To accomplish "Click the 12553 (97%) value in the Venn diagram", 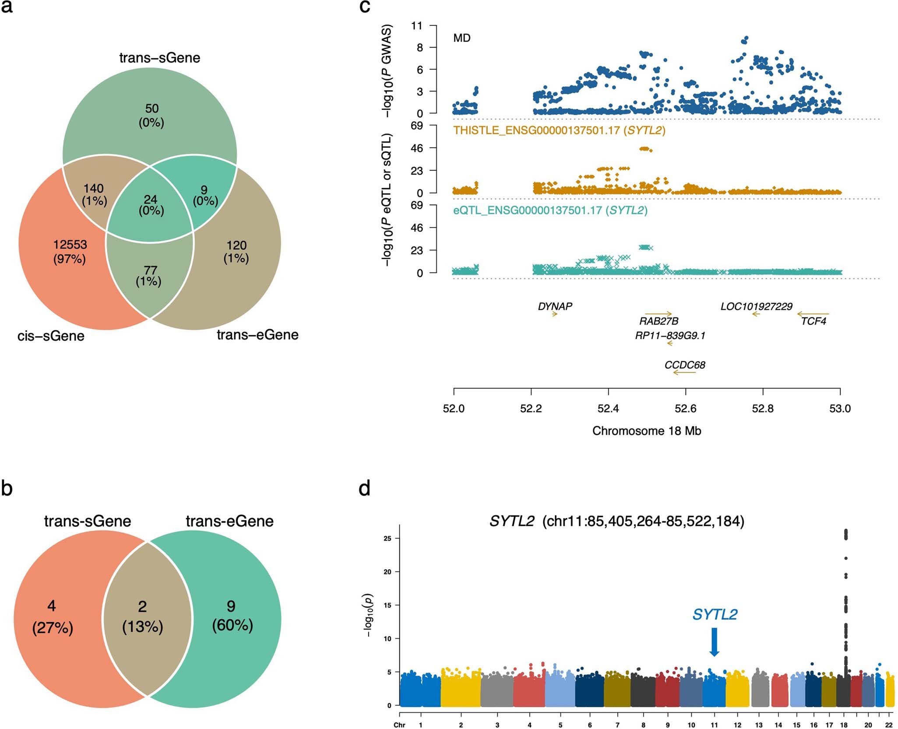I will tap(70, 252).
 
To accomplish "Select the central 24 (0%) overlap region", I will tap(151, 205).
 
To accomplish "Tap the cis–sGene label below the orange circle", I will tap(51, 336).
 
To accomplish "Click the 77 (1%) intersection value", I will tap(149, 276).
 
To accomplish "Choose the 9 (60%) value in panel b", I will tap(232, 615).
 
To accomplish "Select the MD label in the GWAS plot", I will tap(461, 38).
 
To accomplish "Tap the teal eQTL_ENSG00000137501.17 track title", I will tap(550, 210).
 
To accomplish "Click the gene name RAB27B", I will tap(659, 321).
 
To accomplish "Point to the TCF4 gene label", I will tap(813, 321).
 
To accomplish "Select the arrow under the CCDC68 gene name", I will tap(684, 373).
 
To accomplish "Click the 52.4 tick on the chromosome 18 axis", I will tap(608, 408).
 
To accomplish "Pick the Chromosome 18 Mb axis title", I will tap(646, 431).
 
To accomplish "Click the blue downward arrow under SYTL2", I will tap(714, 642).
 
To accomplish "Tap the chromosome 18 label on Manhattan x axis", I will tap(844, 725).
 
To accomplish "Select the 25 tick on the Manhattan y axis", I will tap(387, 538).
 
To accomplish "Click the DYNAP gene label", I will tap(555, 306).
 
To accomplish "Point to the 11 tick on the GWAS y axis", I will tap(416, 26).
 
